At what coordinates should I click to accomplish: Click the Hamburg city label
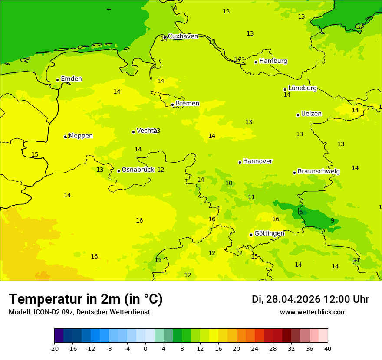click(273, 61)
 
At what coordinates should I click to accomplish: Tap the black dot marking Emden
click(57, 80)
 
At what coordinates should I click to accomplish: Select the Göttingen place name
click(269, 233)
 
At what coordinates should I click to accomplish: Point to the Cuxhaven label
click(183, 36)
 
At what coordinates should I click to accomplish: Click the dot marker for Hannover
click(240, 162)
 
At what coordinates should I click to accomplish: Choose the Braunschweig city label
click(319, 171)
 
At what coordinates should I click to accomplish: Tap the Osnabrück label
click(138, 170)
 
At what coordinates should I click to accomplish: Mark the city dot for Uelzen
click(298, 115)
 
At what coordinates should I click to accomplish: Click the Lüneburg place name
click(303, 88)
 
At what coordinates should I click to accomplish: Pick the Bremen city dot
click(172, 105)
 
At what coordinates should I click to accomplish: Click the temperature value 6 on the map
click(301, 212)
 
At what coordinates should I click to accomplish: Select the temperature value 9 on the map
click(333, 220)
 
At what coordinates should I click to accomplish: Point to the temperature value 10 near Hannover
click(229, 183)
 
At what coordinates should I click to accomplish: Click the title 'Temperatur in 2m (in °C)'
click(86, 299)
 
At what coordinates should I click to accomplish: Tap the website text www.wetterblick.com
click(313, 312)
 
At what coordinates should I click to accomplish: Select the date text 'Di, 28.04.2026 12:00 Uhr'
click(310, 299)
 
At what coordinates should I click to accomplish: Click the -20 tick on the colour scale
click(54, 348)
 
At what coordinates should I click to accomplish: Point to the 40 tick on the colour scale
click(328, 348)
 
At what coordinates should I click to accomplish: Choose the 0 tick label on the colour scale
click(145, 348)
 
